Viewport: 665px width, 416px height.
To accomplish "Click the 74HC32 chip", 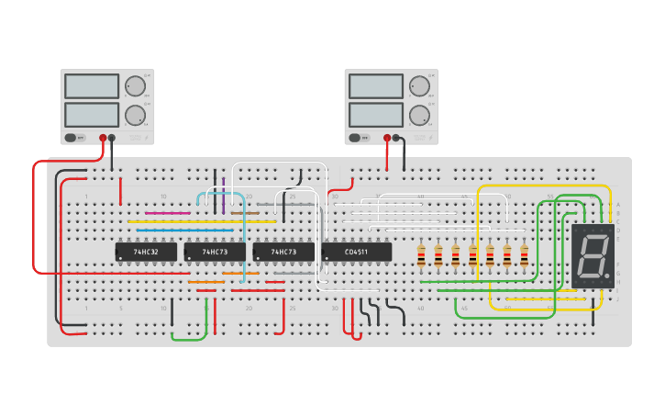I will [x=145, y=252].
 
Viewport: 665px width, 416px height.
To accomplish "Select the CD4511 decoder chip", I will [x=357, y=252].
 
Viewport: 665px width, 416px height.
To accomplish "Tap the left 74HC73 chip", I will [x=215, y=252].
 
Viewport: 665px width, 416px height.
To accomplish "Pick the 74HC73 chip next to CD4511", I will [x=283, y=252].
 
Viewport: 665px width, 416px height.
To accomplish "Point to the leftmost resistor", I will [x=421, y=256].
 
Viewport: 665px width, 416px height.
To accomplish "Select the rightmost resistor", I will [x=524, y=256].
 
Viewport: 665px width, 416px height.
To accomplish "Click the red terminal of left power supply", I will [x=103, y=138].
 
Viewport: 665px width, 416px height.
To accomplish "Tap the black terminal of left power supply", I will [x=112, y=138].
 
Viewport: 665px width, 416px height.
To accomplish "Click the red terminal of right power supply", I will [x=387, y=138].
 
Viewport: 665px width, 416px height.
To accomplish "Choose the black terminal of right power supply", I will [x=396, y=138].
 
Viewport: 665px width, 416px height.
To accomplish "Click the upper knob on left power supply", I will [x=135, y=86].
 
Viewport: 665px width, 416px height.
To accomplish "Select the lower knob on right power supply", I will [x=419, y=115].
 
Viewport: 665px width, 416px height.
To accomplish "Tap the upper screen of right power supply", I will [x=376, y=86].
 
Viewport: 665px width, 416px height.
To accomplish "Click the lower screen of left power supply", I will [x=92, y=115].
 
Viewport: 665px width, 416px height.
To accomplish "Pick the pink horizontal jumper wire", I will [x=168, y=213].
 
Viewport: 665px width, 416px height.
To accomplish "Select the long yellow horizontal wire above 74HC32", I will [x=202, y=221].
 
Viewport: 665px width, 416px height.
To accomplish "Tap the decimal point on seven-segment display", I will [x=607, y=276].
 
